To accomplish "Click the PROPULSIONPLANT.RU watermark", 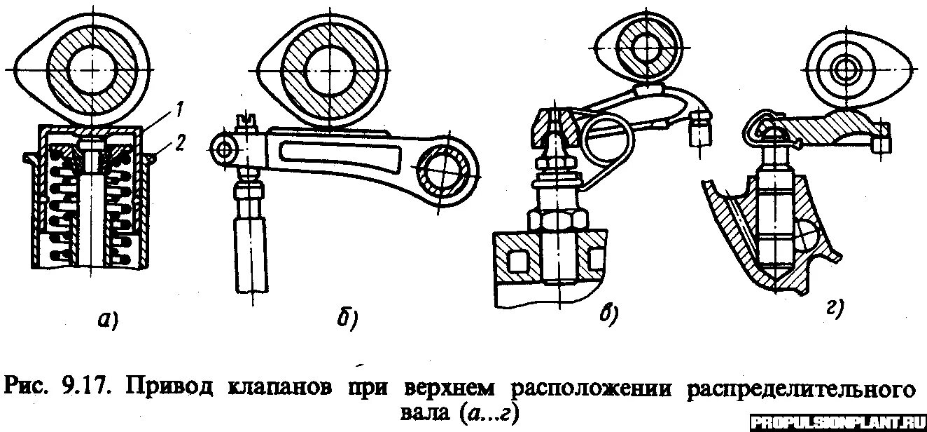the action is point(837,422).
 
